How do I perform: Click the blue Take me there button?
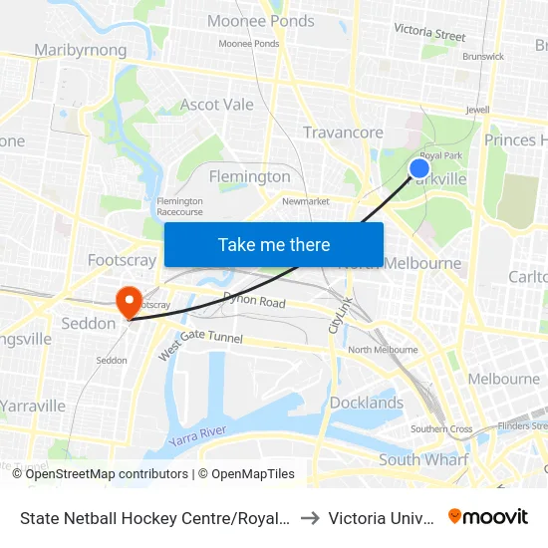pos(274,244)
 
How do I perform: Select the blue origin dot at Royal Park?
pos(419,168)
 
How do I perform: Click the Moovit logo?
pos(488,516)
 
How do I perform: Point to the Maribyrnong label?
pos(80,50)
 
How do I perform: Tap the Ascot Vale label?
pos(216,104)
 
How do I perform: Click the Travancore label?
pos(343,133)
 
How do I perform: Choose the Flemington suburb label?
pos(249,176)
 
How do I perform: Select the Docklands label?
pos(366,403)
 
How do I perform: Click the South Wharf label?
pos(422,459)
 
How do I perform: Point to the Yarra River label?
pos(197,435)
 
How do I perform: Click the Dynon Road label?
pos(254,301)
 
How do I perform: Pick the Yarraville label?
pos(33,406)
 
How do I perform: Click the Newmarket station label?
pos(306,201)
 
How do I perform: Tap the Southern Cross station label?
pos(441,429)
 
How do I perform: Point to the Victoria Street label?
pos(429,33)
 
